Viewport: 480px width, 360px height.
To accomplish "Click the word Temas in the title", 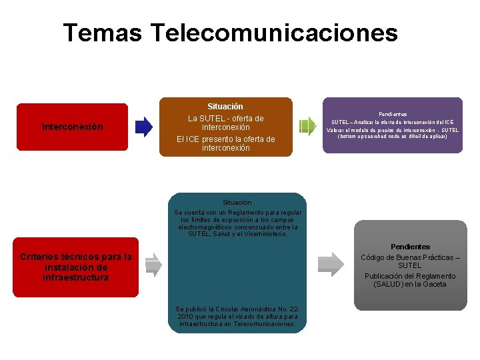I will click(x=102, y=32).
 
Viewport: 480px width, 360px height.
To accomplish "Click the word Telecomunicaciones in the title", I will click(x=274, y=32).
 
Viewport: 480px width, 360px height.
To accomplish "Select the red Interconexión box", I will click(x=72, y=127).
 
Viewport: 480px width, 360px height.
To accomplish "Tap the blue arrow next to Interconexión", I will click(x=144, y=126).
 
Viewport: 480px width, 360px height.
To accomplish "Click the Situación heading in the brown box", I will click(x=225, y=107).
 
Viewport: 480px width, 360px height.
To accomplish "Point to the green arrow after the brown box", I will click(x=307, y=126).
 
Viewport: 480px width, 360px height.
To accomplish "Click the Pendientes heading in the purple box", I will click(x=393, y=114).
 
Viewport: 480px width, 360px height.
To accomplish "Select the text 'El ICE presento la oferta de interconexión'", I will click(x=225, y=143).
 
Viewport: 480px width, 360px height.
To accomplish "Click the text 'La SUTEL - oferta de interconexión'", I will click(x=225, y=123).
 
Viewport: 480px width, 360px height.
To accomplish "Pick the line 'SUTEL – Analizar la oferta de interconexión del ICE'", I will click(x=393, y=122).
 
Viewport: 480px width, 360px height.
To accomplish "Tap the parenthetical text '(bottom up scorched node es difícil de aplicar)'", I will click(x=393, y=137).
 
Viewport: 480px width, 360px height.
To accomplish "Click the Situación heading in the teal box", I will click(x=237, y=202).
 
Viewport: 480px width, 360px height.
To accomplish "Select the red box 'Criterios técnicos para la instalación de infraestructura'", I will click(x=76, y=267).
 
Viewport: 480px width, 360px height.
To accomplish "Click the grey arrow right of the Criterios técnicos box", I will click(x=153, y=265).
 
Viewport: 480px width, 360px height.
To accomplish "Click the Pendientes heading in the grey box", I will click(x=410, y=247).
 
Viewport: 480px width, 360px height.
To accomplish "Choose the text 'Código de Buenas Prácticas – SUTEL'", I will click(x=410, y=261).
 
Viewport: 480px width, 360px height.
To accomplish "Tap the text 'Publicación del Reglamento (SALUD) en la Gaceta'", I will click(x=410, y=280).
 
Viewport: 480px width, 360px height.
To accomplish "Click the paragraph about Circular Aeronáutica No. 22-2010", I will click(x=237, y=316).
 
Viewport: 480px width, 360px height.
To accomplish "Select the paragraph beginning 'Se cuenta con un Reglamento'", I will click(x=237, y=223).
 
